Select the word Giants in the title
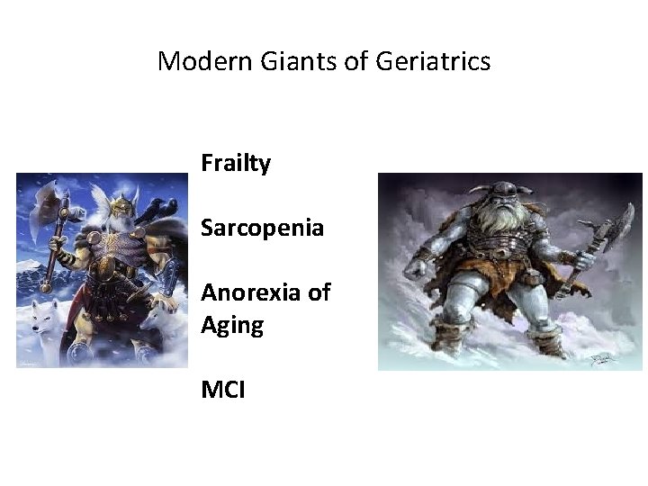point(283,61)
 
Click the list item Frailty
point(236,164)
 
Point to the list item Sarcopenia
point(262,228)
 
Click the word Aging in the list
point(232,324)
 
